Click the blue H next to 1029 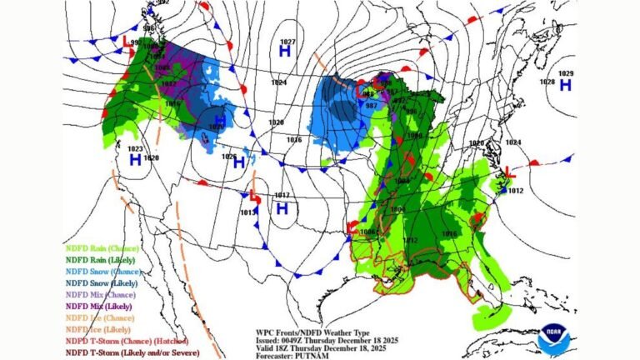pyautogui.click(x=565, y=85)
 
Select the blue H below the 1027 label pyautogui.click(x=284, y=52)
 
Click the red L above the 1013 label pyautogui.click(x=252, y=197)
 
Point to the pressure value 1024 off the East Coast pyautogui.click(x=512, y=142)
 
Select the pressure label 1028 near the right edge pyautogui.click(x=547, y=82)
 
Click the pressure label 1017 pyautogui.click(x=282, y=196)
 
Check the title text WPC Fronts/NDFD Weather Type pyautogui.click(x=307, y=332)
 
